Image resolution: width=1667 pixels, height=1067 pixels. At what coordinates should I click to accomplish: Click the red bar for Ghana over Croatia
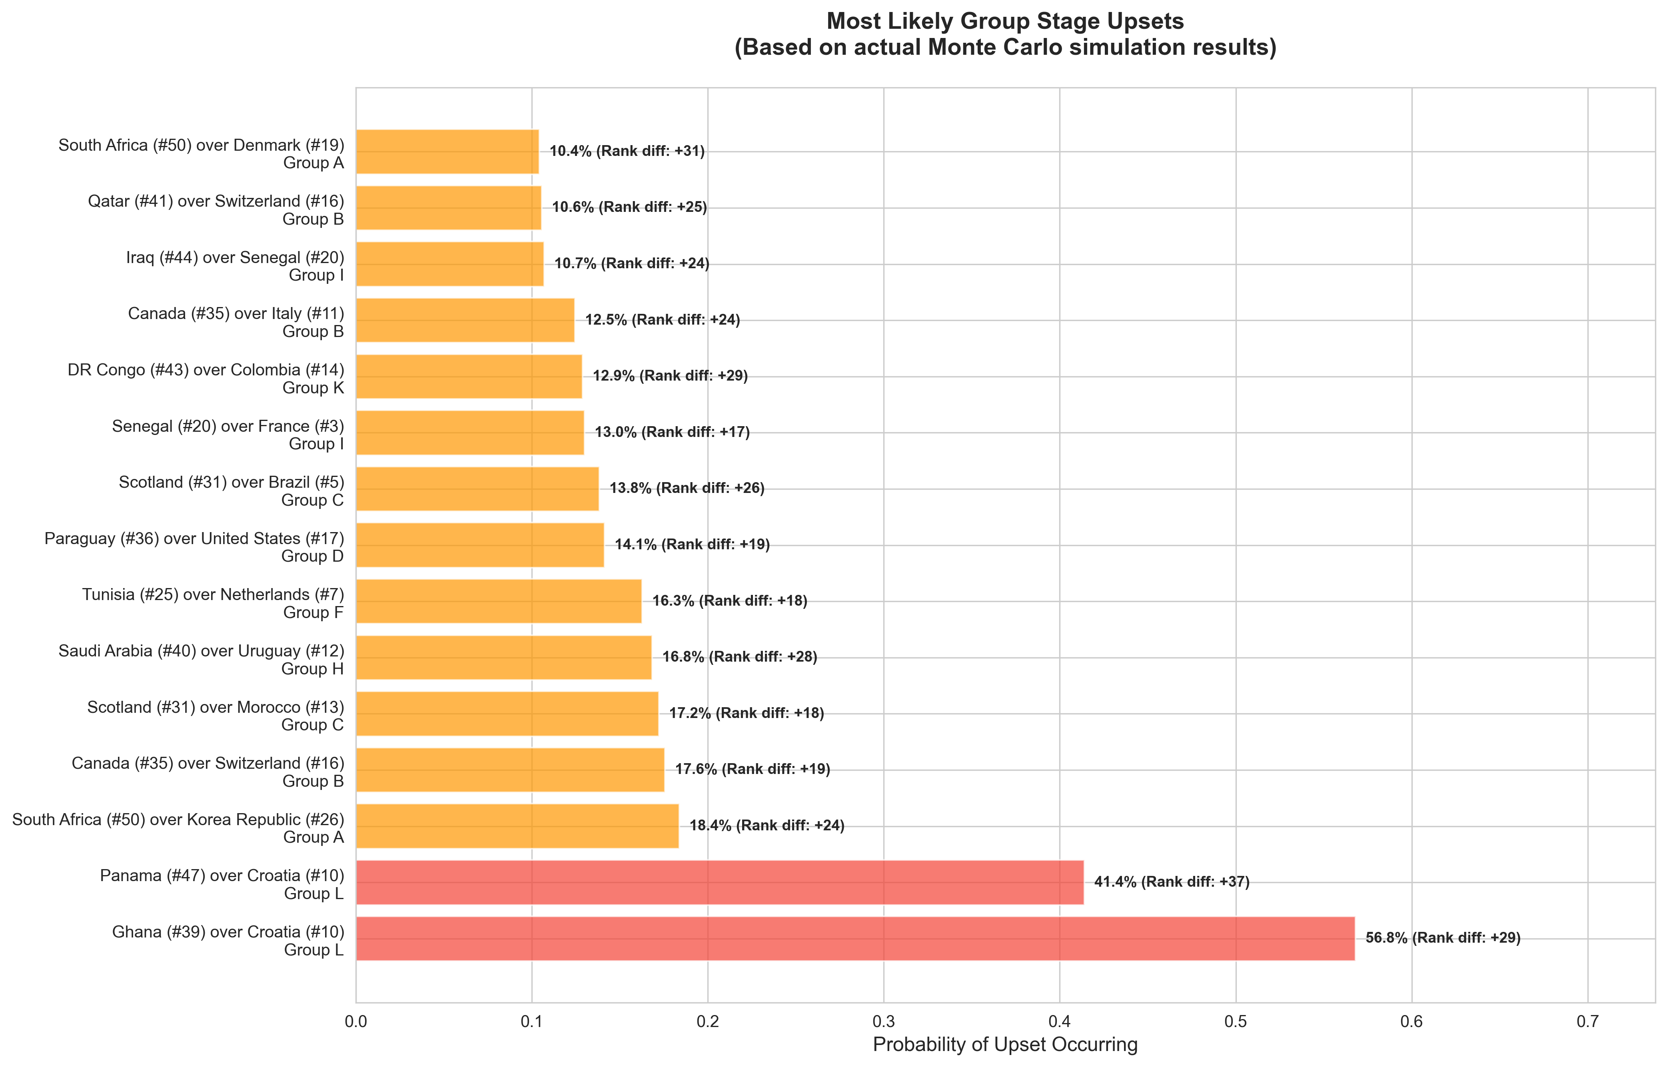click(x=855, y=938)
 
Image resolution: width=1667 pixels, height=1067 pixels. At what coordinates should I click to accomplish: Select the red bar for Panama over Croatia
click(x=719, y=882)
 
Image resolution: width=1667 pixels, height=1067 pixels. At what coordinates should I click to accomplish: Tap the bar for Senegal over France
click(x=470, y=432)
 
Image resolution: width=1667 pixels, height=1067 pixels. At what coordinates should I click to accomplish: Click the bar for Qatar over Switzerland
click(x=448, y=207)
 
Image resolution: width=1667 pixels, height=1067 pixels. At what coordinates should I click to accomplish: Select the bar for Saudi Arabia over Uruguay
click(x=504, y=657)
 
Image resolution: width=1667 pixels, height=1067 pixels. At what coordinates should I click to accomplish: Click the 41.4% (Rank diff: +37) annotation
click(x=1172, y=882)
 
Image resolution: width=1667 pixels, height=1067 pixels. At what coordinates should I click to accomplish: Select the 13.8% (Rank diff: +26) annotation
click(x=687, y=488)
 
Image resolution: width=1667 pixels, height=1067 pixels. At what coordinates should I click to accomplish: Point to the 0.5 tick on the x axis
click(x=1235, y=1021)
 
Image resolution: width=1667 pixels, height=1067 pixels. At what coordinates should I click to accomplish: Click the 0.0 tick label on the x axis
click(x=356, y=1021)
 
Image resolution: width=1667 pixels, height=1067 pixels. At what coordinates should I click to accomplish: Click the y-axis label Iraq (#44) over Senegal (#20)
click(x=235, y=258)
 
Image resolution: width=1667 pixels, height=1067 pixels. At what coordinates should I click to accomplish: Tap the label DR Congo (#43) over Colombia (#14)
click(x=206, y=370)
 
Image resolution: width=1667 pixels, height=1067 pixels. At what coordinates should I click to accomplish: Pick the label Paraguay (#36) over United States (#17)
click(x=194, y=538)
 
